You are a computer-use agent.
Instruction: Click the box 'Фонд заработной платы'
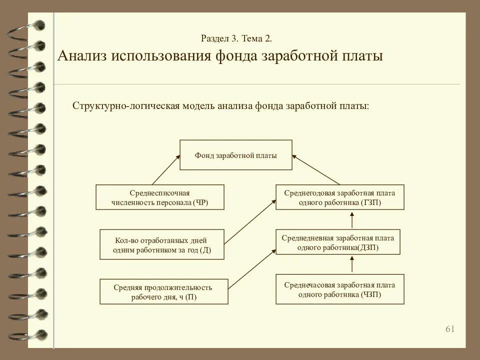pos(236,155)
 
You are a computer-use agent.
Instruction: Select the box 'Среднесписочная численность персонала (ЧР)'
pos(160,197)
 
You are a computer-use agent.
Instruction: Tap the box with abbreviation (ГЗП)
pos(340,197)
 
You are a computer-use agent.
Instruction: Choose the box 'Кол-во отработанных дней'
pos(162,244)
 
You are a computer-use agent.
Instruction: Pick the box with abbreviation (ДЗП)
pos(338,242)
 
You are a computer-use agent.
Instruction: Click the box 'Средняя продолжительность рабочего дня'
pos(163,291)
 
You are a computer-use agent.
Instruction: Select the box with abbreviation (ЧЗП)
pos(340,289)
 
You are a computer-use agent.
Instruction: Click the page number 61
pos(450,328)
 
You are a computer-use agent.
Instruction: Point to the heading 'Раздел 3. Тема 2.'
pos(236,38)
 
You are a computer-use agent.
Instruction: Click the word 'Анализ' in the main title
pos(82,55)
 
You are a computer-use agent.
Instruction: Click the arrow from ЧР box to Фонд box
pos(166,170)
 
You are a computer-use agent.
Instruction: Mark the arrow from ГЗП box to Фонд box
pos(316,170)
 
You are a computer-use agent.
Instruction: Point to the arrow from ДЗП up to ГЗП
pos(352,219)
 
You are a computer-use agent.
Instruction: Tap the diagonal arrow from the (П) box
pos(252,268)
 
